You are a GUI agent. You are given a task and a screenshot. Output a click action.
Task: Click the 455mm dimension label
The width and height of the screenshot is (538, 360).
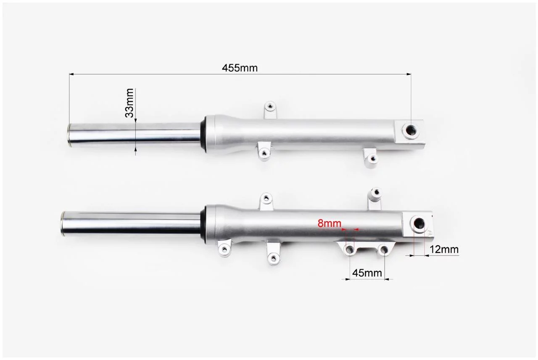click(x=240, y=68)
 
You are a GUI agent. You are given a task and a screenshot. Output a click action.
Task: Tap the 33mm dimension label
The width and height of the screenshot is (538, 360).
click(x=129, y=103)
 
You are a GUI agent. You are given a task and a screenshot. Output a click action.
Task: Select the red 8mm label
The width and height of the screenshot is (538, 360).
click(x=329, y=223)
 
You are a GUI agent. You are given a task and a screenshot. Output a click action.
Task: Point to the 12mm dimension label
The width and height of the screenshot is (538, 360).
click(x=444, y=250)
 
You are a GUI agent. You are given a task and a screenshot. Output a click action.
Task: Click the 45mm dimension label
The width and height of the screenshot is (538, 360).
click(x=367, y=273)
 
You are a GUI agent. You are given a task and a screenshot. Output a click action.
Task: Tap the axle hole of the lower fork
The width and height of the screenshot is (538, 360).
click(x=419, y=223)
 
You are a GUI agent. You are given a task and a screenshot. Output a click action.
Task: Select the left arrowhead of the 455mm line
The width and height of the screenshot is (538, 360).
click(x=71, y=74)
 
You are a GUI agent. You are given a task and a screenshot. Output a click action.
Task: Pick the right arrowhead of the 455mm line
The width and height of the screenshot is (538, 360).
click(x=409, y=74)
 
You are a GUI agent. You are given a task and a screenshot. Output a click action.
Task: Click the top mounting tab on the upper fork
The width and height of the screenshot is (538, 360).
click(x=270, y=110)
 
